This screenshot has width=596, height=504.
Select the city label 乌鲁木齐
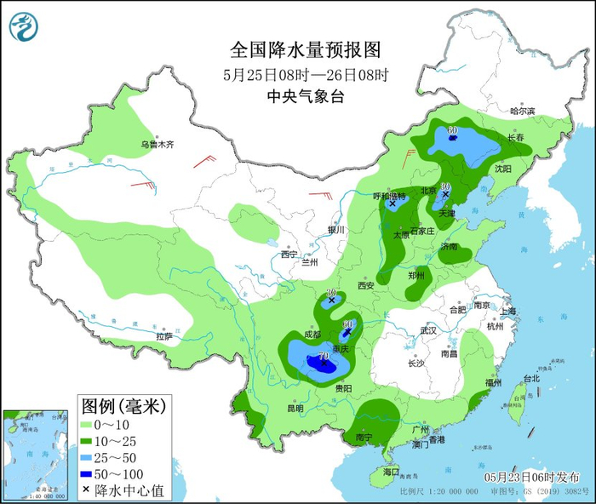click(157, 145)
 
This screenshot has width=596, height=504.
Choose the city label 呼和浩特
click(391, 196)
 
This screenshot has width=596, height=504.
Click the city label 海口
click(391, 472)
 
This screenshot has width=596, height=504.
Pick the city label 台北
click(530, 378)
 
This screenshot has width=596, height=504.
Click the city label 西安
click(366, 286)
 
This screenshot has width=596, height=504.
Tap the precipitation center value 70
click(323, 355)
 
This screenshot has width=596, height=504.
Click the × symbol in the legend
click(90, 490)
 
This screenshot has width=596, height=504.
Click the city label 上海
click(509, 312)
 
